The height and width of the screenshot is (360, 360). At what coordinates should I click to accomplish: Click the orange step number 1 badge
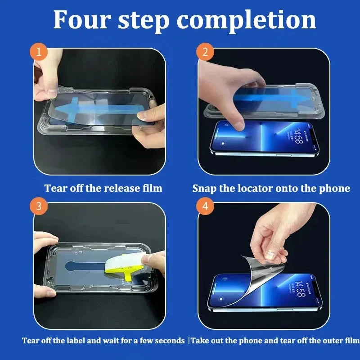tap(39, 53)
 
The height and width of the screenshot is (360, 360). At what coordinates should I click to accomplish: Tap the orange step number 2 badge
tap(205, 53)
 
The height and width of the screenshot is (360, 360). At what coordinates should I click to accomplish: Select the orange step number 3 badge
tap(39, 207)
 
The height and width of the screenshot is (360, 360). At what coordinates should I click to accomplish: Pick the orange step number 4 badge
tap(205, 207)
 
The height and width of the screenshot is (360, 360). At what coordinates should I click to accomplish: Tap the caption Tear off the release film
tap(103, 188)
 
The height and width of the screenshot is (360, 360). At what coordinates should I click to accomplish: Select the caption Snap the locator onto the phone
tap(271, 188)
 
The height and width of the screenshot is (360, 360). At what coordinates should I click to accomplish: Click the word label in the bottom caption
tap(85, 341)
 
